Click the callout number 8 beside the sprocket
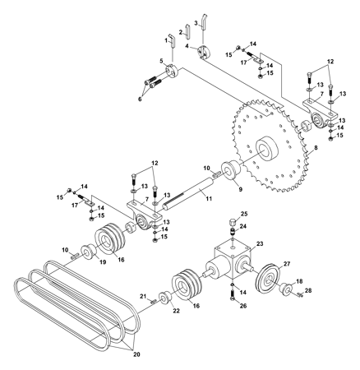click(316, 148)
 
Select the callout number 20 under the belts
click(136, 354)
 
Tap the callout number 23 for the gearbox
click(260, 243)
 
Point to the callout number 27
click(287, 264)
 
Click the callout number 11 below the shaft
click(209, 199)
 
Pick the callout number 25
click(244, 214)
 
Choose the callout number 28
click(308, 290)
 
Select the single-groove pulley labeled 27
click(267, 279)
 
